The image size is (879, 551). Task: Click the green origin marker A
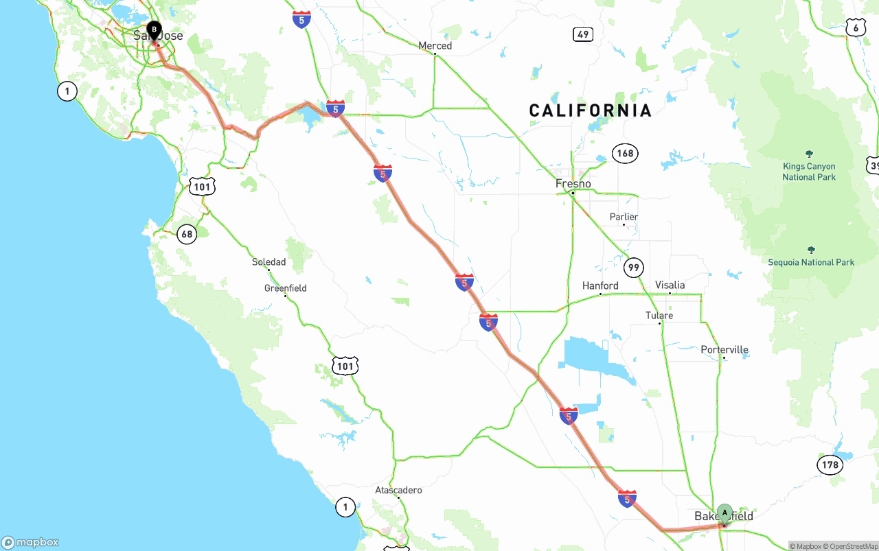[724, 513]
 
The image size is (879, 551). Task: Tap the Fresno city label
[573, 184]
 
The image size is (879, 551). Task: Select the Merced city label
[435, 46]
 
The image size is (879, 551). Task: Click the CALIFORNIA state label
[590, 110]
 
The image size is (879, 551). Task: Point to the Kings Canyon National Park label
[809, 172]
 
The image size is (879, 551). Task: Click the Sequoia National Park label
[811, 262]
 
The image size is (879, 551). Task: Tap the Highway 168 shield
[625, 153]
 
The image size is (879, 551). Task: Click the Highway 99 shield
[634, 267]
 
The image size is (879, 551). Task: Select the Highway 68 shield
[187, 234]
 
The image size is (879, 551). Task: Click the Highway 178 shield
[830, 465]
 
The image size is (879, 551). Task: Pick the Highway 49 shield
[582, 34]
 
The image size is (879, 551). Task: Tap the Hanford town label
[600, 285]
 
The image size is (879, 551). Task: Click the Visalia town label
[670, 285]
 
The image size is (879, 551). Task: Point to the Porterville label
[724, 350]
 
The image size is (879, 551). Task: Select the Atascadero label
[398, 490]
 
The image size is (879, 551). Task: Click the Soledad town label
[269, 262]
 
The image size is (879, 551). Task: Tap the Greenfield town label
[285, 288]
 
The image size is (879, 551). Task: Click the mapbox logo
[30, 542]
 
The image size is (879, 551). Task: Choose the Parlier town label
[624, 217]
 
